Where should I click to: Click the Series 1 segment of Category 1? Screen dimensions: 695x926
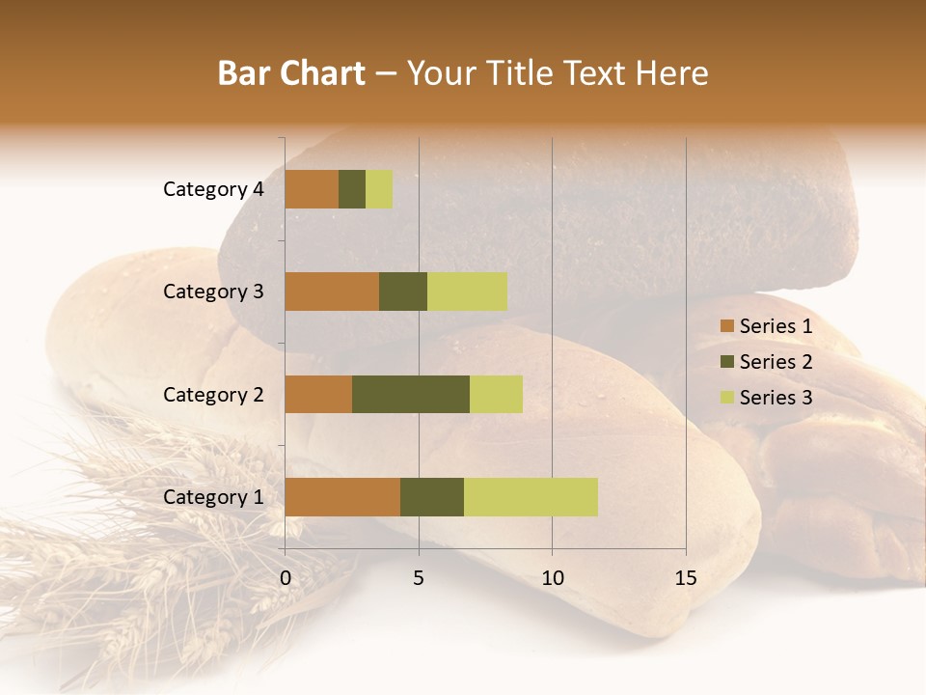tap(342, 497)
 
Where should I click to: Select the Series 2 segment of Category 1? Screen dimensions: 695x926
tap(432, 497)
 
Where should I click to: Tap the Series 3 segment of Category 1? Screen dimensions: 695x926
tap(531, 497)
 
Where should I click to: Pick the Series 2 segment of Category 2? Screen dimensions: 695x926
tap(411, 394)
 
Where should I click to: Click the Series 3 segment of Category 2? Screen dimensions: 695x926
tap(496, 394)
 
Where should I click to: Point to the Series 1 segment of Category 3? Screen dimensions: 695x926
tap(332, 292)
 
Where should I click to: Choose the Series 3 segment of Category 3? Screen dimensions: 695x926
tap(467, 292)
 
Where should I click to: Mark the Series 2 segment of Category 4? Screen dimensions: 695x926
tap(352, 189)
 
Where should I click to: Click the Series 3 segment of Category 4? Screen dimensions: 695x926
tap(379, 189)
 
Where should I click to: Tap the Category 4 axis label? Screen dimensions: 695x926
tap(213, 189)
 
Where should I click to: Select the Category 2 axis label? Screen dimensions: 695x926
tap(213, 394)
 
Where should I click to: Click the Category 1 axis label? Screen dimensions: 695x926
tap(213, 497)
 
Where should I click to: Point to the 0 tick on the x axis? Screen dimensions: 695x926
tap(286, 578)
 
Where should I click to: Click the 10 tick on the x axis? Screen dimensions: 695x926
tap(552, 578)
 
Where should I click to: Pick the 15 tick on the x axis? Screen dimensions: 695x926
tap(685, 578)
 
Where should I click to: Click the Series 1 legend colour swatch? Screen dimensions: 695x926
tap(727, 326)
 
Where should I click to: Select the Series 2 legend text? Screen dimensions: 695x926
tap(776, 362)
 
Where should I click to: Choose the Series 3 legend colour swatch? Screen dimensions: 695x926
tap(727, 398)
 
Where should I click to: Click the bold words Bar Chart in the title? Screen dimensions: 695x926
tap(291, 73)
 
